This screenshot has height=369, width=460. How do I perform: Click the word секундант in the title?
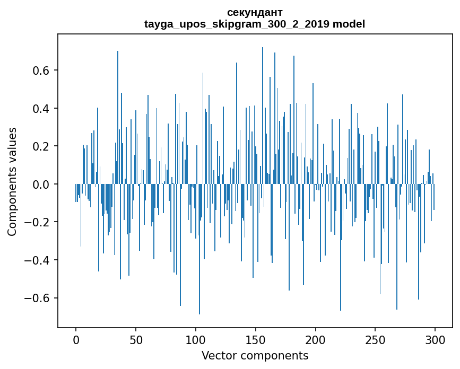[x=255, y=12]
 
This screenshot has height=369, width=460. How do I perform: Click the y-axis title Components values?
[x=12, y=181]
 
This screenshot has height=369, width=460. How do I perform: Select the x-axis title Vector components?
[x=255, y=355]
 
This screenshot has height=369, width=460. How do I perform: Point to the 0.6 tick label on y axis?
[x=41, y=71]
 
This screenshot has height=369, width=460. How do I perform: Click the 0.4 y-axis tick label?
[x=41, y=109]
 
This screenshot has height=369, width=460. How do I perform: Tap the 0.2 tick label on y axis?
[x=41, y=146]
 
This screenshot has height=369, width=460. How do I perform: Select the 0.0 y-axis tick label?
[x=41, y=184]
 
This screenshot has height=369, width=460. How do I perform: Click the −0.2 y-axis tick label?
[x=38, y=222]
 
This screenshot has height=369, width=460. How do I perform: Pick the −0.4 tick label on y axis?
[x=38, y=260]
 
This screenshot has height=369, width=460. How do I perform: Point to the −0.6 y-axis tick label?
[x=38, y=298]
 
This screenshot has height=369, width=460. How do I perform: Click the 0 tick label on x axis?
[x=76, y=340]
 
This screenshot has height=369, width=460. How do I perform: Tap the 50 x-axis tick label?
[x=136, y=340]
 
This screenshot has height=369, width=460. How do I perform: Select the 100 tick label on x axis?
[x=196, y=340]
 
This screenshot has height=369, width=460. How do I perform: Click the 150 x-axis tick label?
[x=256, y=340]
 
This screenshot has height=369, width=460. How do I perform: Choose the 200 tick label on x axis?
[x=316, y=340]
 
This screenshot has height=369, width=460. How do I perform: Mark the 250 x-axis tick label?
[x=376, y=340]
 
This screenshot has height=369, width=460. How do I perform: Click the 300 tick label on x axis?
[x=435, y=340]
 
